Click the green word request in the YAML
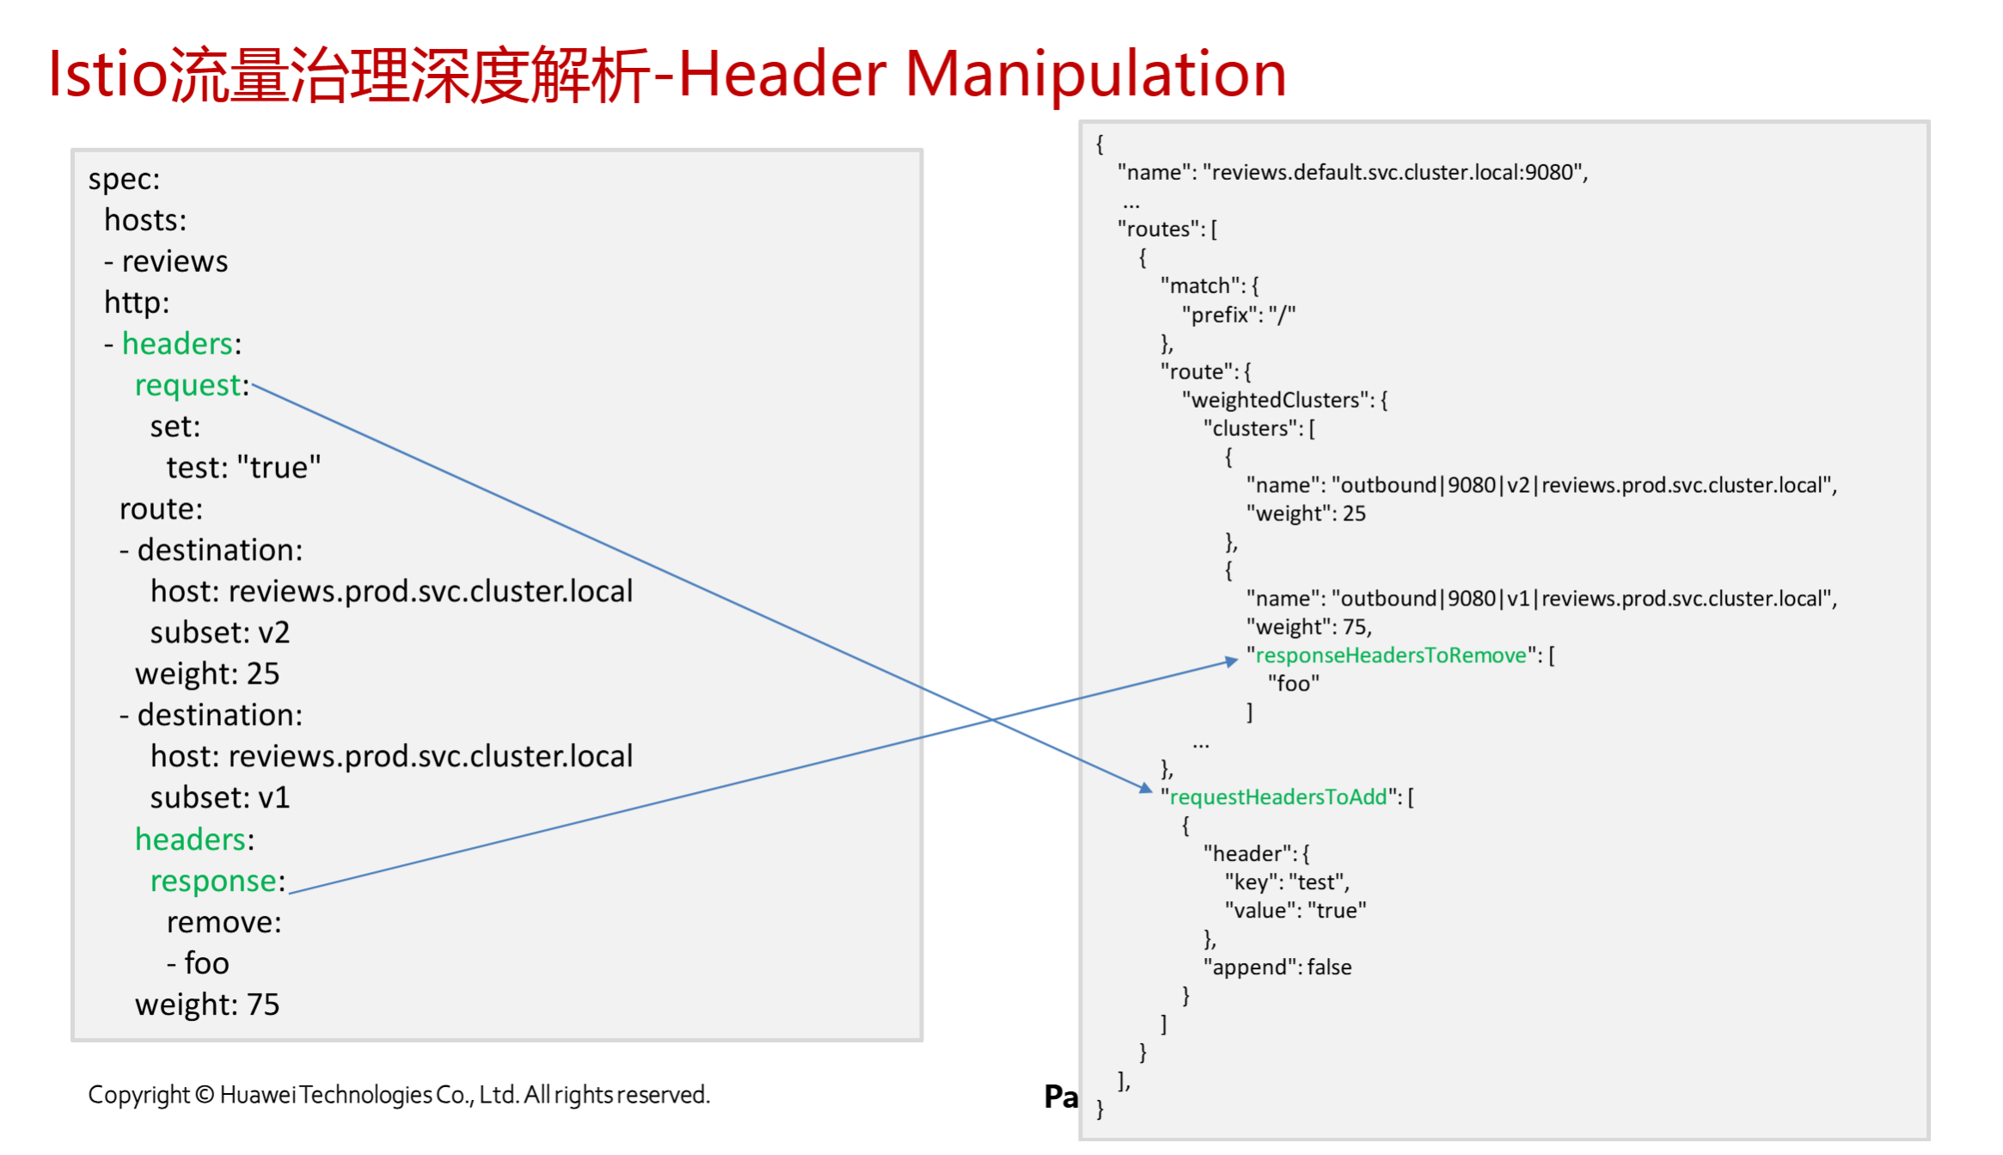(187, 385)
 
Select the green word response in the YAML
(213, 882)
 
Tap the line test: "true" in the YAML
(243, 468)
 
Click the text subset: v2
(220, 633)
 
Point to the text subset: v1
(220, 798)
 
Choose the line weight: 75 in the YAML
(207, 1004)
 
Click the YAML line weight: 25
(207, 674)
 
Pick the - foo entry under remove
(198, 963)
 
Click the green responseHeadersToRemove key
(1390, 655)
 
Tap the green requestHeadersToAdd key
(1278, 797)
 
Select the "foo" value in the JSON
(1293, 684)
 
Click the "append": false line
(1277, 968)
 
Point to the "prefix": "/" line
(1238, 315)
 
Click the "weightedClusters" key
(1276, 400)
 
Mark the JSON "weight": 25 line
(1306, 513)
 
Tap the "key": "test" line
(1287, 882)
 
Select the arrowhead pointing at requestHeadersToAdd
(1145, 788)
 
